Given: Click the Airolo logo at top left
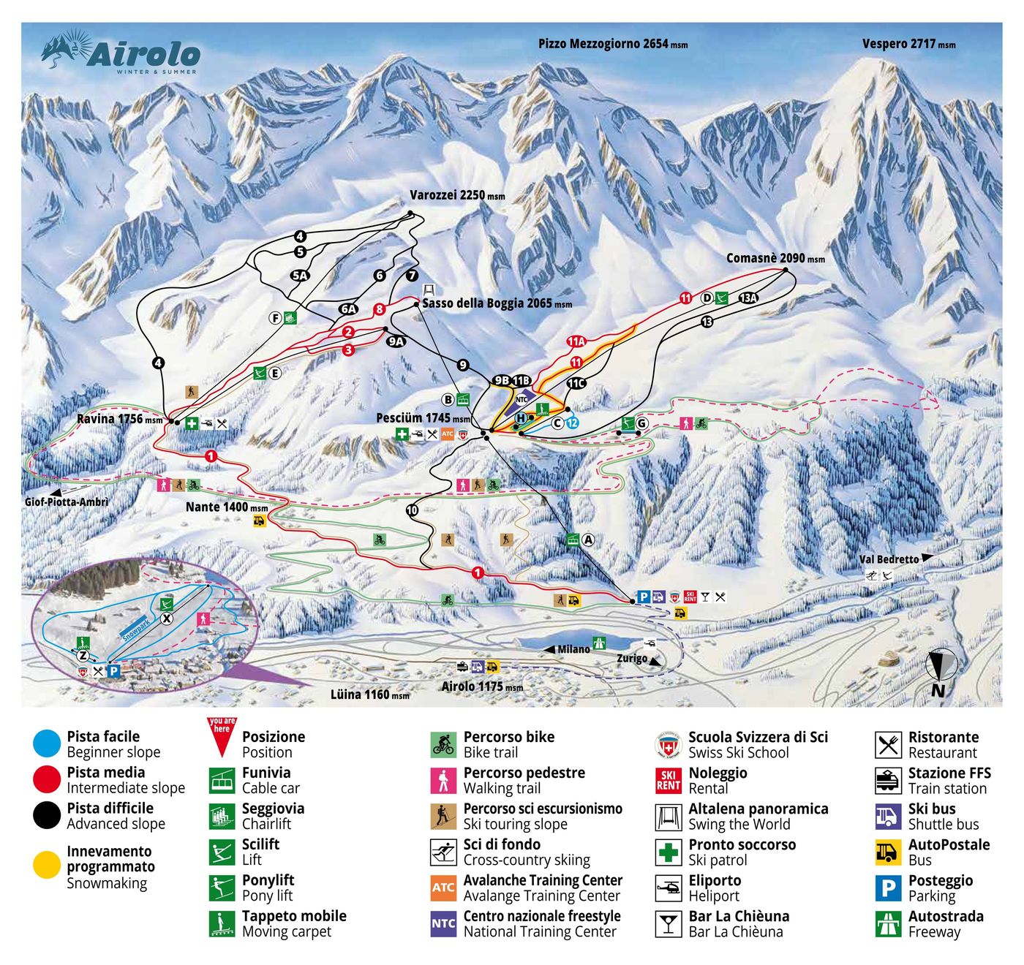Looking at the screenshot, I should point(121,52).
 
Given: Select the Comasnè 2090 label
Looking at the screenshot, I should point(775,258).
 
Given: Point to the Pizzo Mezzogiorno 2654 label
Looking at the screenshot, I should point(612,44).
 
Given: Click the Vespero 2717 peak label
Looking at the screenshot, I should point(908,44).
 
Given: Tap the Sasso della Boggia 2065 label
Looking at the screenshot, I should point(497,303).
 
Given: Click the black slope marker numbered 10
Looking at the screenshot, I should point(413,510).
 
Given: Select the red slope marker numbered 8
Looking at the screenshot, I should point(380,309).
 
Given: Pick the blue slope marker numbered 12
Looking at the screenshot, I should point(572,423).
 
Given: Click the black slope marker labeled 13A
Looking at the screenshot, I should point(748,298).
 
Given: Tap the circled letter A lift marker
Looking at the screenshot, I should point(588,540).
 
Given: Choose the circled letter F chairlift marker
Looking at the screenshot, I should point(276,317).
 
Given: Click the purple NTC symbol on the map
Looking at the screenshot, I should point(522,399).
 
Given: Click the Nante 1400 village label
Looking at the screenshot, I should point(226,507).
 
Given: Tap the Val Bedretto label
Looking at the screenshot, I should point(889,559).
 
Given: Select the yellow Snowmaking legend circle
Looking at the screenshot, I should point(47,866).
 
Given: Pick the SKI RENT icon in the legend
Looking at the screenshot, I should point(668,780).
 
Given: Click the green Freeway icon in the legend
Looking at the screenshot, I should point(888,923).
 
